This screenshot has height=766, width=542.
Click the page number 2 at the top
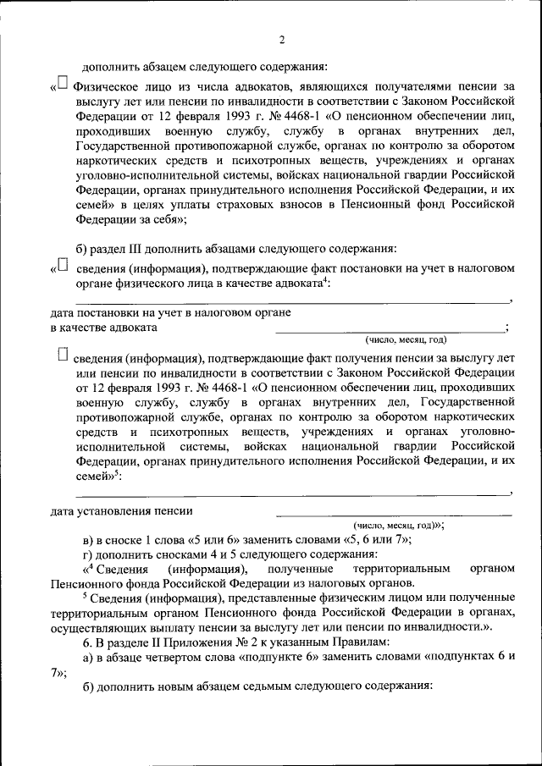pos(282,40)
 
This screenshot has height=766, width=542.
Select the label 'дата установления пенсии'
pos(121,510)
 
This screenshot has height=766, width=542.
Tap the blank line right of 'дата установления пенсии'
pos(393,511)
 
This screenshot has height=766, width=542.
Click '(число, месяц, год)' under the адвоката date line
pos(405,340)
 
